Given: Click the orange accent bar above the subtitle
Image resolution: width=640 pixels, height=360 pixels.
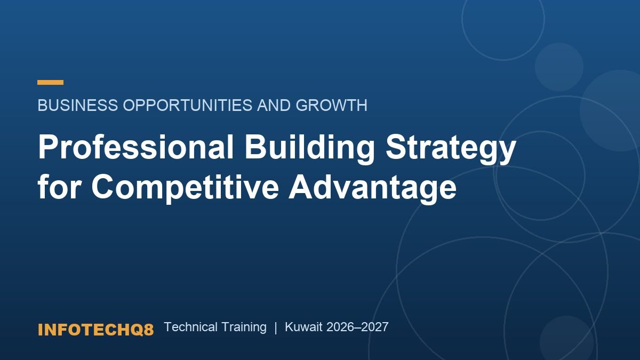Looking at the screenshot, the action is coord(50,82).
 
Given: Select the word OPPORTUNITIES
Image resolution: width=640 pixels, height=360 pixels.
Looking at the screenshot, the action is coord(188,105).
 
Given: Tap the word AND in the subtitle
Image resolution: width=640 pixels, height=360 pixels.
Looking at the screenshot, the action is coord(274,105).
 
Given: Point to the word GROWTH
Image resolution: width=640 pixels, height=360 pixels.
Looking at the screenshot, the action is coord(331,105).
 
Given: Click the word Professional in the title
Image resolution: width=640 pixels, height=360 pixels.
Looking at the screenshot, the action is coord(135,146).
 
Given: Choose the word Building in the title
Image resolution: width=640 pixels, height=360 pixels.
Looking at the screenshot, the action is coord(309,149).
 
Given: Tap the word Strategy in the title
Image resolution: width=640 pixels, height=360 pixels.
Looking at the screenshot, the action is coord(451,149).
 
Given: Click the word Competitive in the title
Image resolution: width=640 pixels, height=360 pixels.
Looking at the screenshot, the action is coord(185,189).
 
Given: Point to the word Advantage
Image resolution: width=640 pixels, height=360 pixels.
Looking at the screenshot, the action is coord(373,189).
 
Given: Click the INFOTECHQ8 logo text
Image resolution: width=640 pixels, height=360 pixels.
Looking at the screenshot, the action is coord(95,330).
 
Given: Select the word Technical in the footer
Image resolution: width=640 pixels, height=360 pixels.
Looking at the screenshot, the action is coord(191,327).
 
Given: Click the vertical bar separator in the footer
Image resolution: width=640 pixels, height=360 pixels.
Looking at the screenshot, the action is coord(276,327).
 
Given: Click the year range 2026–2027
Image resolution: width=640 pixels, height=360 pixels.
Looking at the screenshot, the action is coord(357,327).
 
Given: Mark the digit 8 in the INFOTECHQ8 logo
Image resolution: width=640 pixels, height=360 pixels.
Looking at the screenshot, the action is coord(149,330).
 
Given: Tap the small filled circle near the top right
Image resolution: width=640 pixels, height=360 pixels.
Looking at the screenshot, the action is coord(559,67).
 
